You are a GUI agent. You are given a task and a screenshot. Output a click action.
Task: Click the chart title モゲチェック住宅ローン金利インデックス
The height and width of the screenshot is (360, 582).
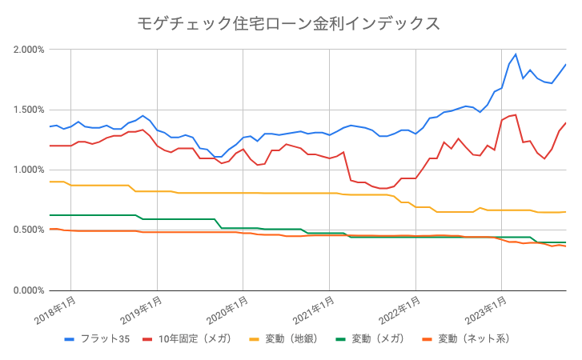point(290,23)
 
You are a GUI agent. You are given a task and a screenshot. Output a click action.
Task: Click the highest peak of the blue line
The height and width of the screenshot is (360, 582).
point(516,54)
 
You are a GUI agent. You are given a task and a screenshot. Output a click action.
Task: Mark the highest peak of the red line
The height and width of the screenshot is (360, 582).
point(516,114)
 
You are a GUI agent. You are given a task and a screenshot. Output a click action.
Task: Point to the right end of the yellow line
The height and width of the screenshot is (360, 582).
point(566,212)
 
